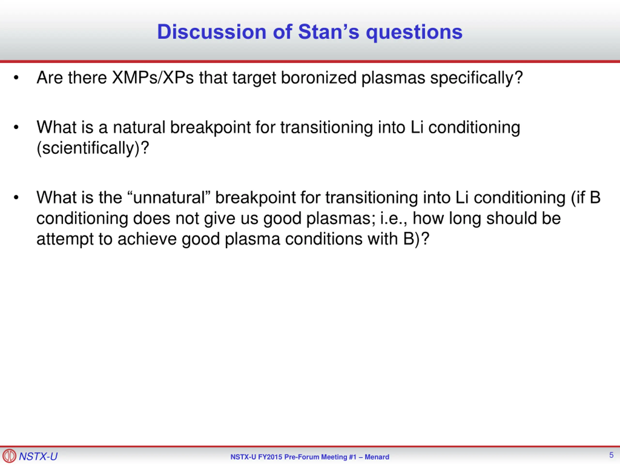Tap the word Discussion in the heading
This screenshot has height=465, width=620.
(211, 32)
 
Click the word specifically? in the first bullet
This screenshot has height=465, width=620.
(476, 78)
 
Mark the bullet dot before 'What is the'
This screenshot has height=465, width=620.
(16, 197)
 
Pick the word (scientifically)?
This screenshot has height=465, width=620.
(93, 148)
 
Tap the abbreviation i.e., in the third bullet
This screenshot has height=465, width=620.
(394, 219)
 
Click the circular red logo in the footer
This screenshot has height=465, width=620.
(9, 456)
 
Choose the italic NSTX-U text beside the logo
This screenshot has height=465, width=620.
(38, 456)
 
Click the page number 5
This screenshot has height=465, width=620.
(611, 455)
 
